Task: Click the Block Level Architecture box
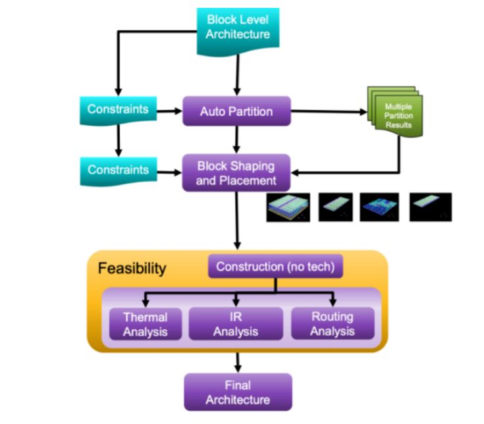[x=238, y=27]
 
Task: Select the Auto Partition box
[x=236, y=111]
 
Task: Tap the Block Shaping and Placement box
[x=236, y=173]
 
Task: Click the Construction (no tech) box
[x=275, y=267]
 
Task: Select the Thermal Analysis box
[x=145, y=324]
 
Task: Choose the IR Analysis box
[x=236, y=324]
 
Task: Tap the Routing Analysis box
[x=333, y=324]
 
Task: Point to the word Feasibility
[x=132, y=269]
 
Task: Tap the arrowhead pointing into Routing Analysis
[x=333, y=302]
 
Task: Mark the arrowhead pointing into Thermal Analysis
[x=145, y=302]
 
